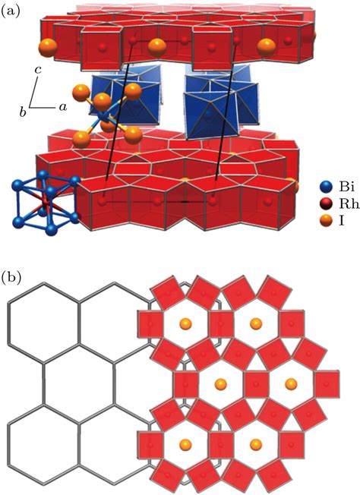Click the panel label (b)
tap(11, 277)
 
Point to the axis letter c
tap(38, 70)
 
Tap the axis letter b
tap(23, 112)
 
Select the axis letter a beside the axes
tap(63, 107)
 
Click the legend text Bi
tap(347, 188)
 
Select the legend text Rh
tap(349, 204)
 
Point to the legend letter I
tap(342, 221)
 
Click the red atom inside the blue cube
tap(46, 200)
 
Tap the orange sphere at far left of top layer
tap(48, 49)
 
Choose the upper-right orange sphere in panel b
tap(255, 323)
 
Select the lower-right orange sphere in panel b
tap(255, 444)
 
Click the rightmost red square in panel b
tap(327, 384)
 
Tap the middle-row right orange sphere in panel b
tap(291, 384)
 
